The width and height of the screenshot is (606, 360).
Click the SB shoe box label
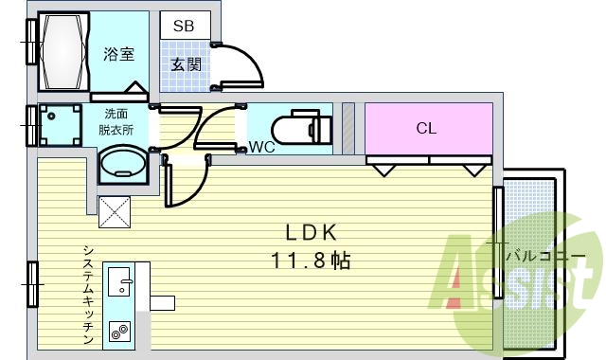[x=184, y=27]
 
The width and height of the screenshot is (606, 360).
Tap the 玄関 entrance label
[x=184, y=64]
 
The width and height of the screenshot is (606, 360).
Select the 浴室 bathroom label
[x=118, y=54]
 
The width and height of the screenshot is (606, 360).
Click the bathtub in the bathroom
[x=63, y=53]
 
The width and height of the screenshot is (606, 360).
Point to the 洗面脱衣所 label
[x=120, y=122]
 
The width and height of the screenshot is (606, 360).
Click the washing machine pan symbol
[x=61, y=124]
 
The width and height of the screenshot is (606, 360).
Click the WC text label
[x=262, y=147]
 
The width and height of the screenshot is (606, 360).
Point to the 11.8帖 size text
[x=313, y=261]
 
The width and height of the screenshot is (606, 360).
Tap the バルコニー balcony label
[x=541, y=256]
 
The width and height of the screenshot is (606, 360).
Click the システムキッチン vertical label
[x=87, y=294]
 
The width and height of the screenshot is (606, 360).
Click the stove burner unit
[x=119, y=332]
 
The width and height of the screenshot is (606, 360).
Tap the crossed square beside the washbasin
[x=115, y=209]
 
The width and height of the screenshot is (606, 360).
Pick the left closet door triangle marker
[x=383, y=170]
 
